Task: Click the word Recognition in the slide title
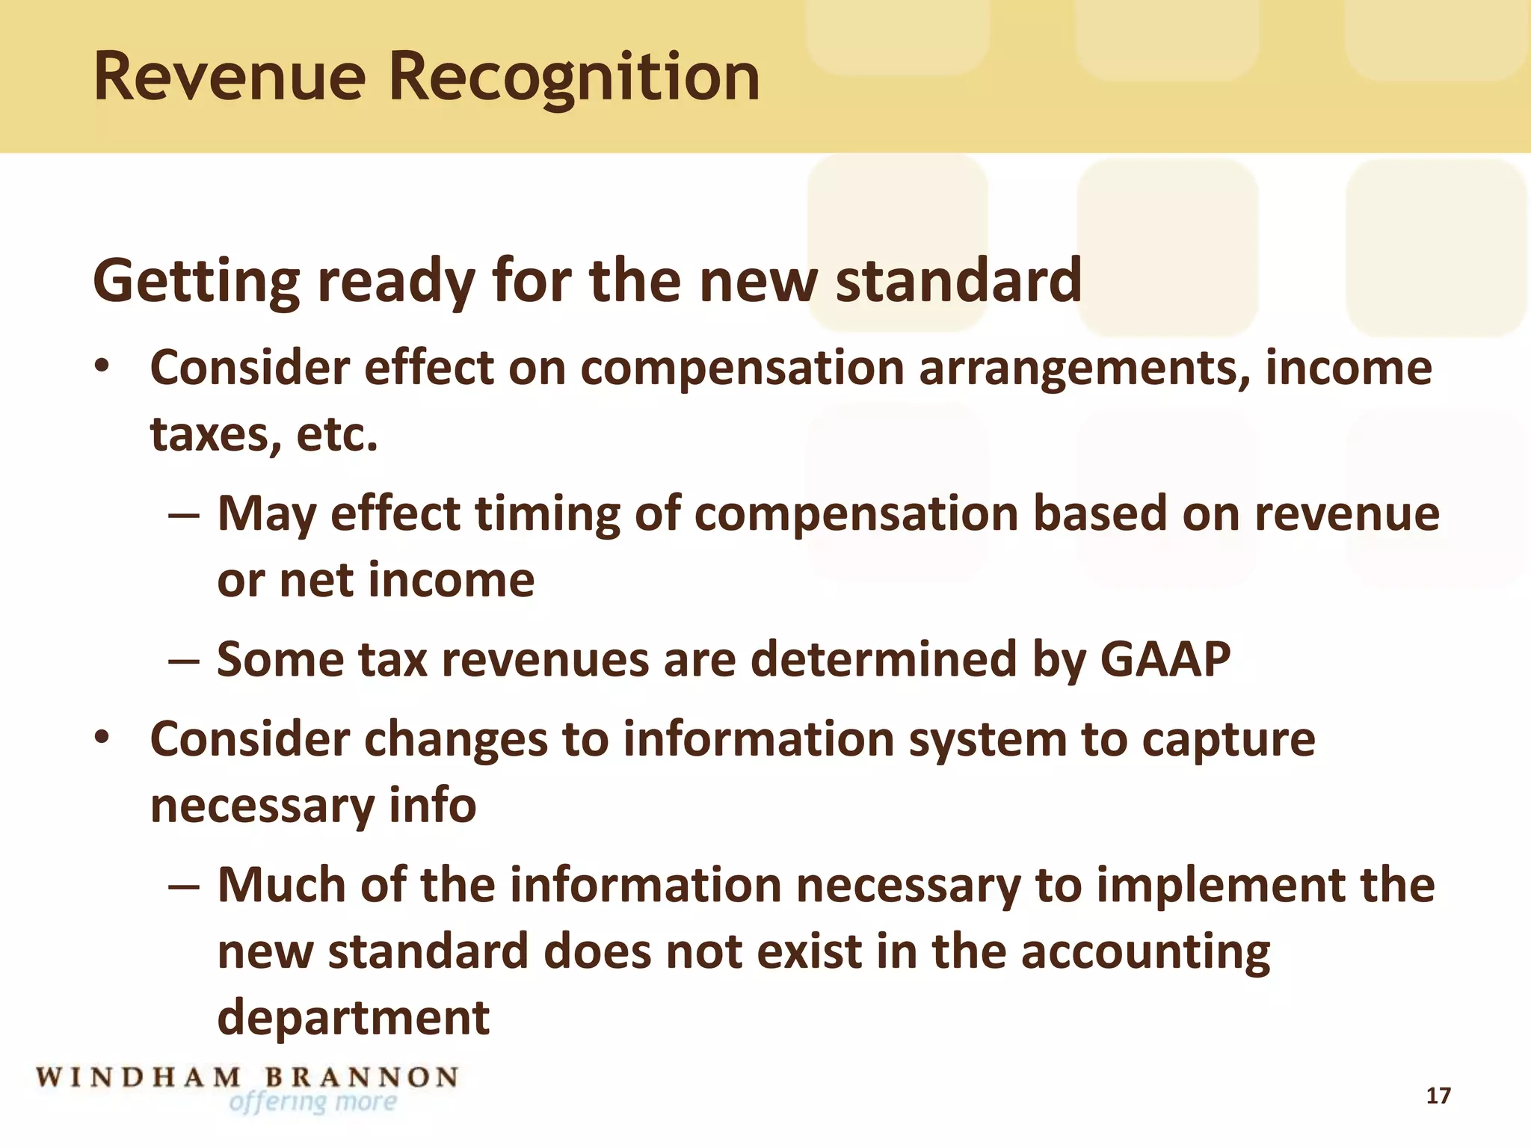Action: [x=574, y=77]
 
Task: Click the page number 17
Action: [x=1438, y=1096]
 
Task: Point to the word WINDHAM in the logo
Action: [x=139, y=1078]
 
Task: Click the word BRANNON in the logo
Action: [x=362, y=1078]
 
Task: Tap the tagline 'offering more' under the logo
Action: [x=313, y=1102]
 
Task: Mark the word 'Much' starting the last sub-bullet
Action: [x=281, y=885]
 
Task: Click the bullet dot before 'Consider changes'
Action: [x=102, y=738]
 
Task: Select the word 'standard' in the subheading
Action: [x=958, y=281]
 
